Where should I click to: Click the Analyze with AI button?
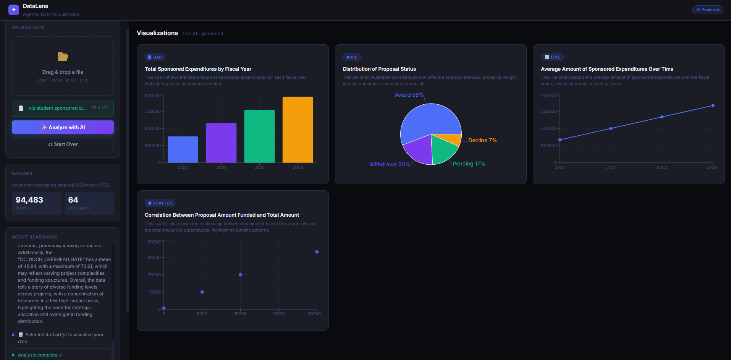(x=63, y=127)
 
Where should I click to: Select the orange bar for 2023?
(x=298, y=130)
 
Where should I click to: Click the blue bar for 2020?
(x=183, y=149)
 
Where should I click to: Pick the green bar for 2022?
(x=259, y=136)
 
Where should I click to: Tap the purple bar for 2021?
(x=221, y=143)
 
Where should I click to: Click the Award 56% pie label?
(x=409, y=95)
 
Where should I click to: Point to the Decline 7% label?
(x=482, y=140)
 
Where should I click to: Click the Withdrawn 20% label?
(x=389, y=164)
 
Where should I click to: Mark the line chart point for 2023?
(x=713, y=105)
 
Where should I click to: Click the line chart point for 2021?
(x=611, y=128)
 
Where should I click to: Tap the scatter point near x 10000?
(x=240, y=275)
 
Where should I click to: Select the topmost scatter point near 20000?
(x=317, y=252)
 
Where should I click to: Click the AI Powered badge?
(x=707, y=10)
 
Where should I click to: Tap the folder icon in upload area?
(x=63, y=57)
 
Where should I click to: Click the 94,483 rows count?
(x=29, y=200)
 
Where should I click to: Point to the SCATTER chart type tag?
(x=160, y=203)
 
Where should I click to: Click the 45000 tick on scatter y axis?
(x=154, y=258)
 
